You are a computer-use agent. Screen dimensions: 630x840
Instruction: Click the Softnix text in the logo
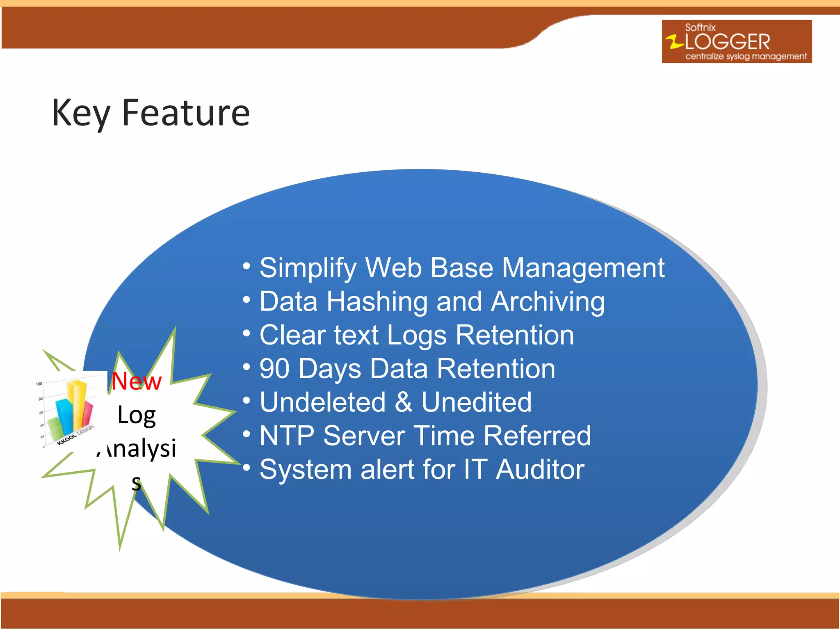[700, 27]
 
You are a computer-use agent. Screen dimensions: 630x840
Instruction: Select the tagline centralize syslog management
[746, 56]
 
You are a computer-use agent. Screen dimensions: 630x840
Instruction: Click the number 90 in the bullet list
[274, 369]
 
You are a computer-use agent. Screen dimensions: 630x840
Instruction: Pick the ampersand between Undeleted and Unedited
[403, 402]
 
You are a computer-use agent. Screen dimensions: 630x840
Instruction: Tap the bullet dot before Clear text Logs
[246, 333]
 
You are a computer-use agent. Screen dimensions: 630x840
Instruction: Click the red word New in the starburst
[137, 381]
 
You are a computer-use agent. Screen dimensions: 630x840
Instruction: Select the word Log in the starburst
[137, 415]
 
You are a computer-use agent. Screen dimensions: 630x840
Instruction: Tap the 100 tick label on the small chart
[39, 384]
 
